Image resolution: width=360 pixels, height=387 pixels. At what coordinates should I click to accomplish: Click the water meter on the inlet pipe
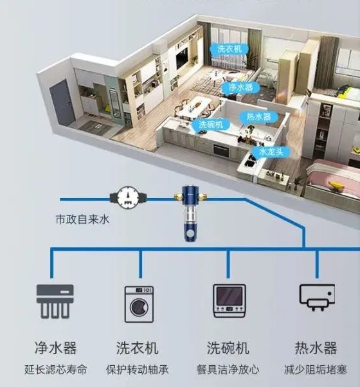[128, 197]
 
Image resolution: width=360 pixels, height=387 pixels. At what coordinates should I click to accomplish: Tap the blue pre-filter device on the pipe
[190, 213]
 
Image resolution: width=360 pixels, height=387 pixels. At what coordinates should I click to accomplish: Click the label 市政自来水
[83, 219]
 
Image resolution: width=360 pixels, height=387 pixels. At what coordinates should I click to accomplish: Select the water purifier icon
[55, 301]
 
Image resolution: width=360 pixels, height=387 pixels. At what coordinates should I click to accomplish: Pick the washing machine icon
[139, 304]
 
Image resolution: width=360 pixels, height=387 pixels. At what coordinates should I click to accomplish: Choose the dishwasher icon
[230, 301]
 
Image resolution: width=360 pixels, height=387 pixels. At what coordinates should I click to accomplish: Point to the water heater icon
[317, 297]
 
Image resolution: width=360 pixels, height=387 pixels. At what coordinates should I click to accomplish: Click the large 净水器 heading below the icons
[55, 348]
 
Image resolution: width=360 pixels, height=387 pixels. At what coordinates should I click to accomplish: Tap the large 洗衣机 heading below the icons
[137, 348]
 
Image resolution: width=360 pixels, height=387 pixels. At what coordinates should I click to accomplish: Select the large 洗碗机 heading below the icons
[228, 348]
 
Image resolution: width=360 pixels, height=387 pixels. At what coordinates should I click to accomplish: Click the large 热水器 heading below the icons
[316, 348]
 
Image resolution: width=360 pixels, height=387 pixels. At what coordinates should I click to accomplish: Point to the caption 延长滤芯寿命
[56, 370]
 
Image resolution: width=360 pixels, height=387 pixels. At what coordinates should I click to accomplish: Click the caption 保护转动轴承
[138, 370]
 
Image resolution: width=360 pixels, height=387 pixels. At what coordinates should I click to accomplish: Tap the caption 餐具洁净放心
[228, 370]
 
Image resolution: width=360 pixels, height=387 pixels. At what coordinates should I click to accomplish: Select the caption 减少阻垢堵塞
[316, 370]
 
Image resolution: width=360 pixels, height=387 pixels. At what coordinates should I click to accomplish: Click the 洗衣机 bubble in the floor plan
[230, 49]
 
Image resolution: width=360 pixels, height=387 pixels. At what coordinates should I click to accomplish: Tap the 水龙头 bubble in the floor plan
[271, 152]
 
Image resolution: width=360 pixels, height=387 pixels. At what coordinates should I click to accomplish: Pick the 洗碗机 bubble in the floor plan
[211, 124]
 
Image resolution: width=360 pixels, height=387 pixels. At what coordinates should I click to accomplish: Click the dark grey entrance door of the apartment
[62, 103]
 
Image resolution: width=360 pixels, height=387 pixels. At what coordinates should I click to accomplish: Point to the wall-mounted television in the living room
[182, 59]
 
